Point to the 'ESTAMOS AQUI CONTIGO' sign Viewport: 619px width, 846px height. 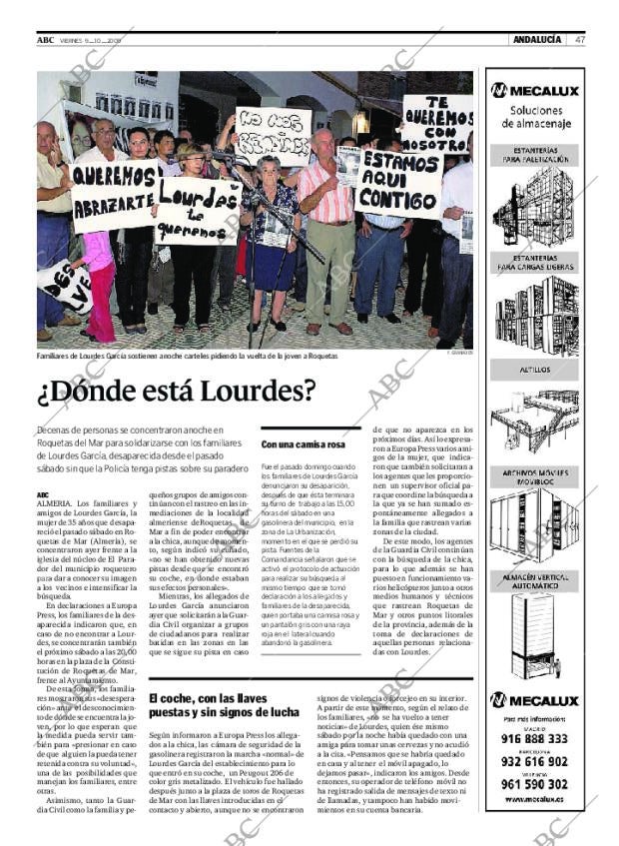tap(398, 184)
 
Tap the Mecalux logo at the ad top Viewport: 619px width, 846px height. tap(534, 90)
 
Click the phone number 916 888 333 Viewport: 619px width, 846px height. tap(536, 739)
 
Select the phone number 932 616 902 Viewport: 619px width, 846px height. tap(536, 761)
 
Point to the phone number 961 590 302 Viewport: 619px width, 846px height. tap(536, 783)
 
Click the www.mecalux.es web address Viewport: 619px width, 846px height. tap(535, 800)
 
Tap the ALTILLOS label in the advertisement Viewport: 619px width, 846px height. tap(534, 369)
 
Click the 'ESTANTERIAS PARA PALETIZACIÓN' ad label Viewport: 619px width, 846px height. tap(534, 155)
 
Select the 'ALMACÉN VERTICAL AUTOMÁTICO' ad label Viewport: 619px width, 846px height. tap(534, 581)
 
